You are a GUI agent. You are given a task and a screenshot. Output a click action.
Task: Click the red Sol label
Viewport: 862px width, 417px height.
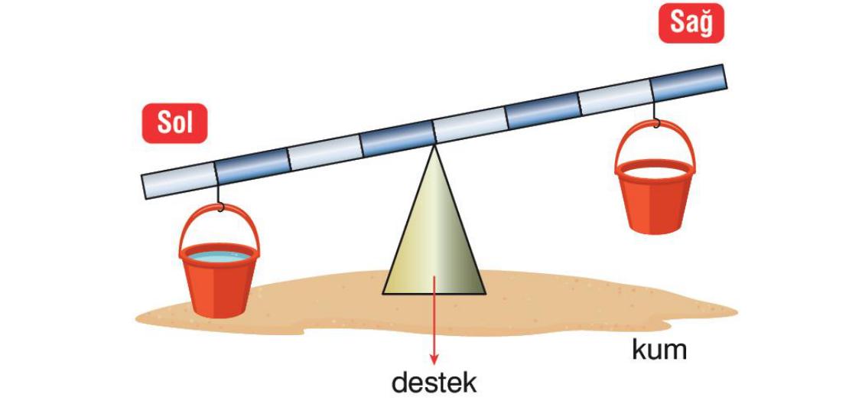coord(174,123)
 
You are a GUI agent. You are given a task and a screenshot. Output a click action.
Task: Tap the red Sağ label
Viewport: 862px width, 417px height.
coord(691,23)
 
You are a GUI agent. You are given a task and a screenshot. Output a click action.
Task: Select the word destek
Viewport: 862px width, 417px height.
coord(434,382)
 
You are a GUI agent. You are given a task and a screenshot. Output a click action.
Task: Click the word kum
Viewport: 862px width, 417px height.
coord(659,350)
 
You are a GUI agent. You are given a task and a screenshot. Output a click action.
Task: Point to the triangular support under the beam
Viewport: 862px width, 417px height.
coord(434,237)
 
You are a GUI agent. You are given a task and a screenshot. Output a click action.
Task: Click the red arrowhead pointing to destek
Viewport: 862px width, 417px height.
coord(434,359)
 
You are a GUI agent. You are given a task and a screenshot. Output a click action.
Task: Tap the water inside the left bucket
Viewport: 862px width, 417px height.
coord(219,256)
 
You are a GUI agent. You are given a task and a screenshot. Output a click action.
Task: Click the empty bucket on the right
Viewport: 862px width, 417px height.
coord(655,195)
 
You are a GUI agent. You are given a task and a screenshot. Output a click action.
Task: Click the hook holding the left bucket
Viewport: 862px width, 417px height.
coord(220,203)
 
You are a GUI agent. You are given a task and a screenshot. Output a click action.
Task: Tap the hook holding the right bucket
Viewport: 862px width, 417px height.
coord(655,119)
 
